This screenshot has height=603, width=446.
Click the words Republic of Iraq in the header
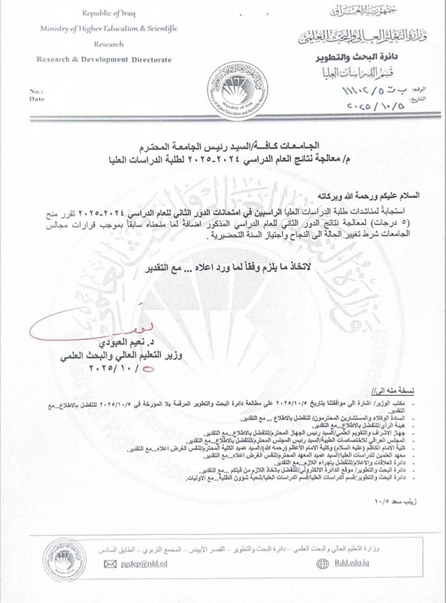click(x=109, y=14)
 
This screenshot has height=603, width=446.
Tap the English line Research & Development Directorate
click(x=104, y=60)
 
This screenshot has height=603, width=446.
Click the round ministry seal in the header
click(x=238, y=91)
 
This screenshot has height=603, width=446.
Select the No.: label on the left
click(x=36, y=92)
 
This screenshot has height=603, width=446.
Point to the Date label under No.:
click(x=37, y=99)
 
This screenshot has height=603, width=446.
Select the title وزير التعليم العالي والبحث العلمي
click(x=121, y=356)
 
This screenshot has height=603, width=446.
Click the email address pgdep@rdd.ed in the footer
click(x=144, y=564)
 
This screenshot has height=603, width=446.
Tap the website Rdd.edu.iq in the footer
click(x=352, y=563)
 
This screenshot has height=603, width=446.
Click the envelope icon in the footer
click(x=110, y=564)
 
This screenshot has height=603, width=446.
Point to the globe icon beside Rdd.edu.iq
click(x=322, y=564)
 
